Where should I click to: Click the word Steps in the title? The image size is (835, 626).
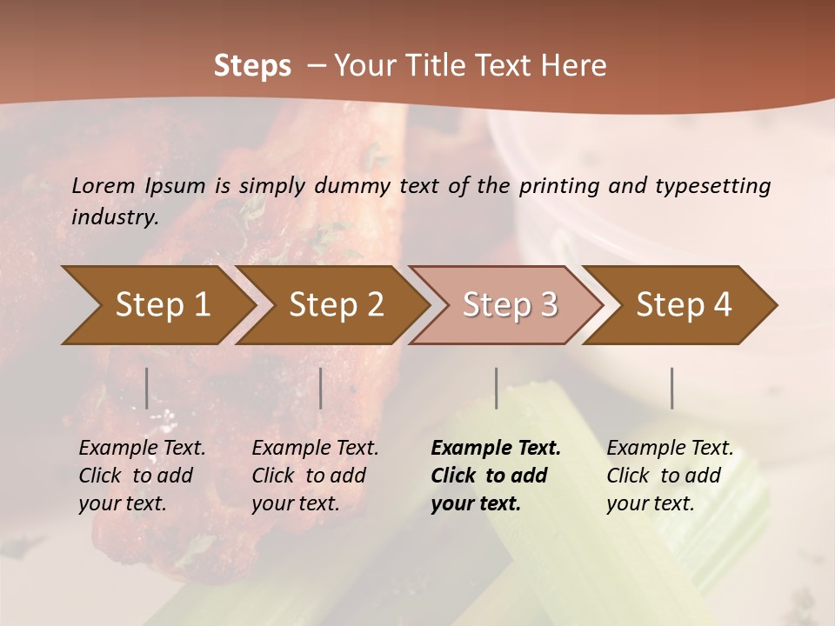pyautogui.click(x=252, y=66)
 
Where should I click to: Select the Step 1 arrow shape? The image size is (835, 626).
pyautogui.click(x=157, y=305)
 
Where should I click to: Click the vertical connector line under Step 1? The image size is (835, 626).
pyautogui.click(x=146, y=388)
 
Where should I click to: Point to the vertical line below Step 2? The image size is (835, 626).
pyautogui.click(x=321, y=388)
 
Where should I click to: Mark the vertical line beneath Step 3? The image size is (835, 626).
pyautogui.click(x=496, y=388)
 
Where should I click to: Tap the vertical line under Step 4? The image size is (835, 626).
pyautogui.click(x=671, y=388)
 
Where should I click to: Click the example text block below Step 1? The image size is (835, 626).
pyautogui.click(x=142, y=476)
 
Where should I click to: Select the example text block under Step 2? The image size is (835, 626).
pyautogui.click(x=315, y=476)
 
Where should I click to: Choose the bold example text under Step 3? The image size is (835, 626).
pyautogui.click(x=496, y=476)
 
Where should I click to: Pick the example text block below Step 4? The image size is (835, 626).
pyautogui.click(x=670, y=476)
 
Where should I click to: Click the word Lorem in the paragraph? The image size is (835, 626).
pyautogui.click(x=104, y=186)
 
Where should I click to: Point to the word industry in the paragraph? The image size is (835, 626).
pyautogui.click(x=115, y=217)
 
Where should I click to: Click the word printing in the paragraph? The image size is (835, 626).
pyautogui.click(x=568, y=186)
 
